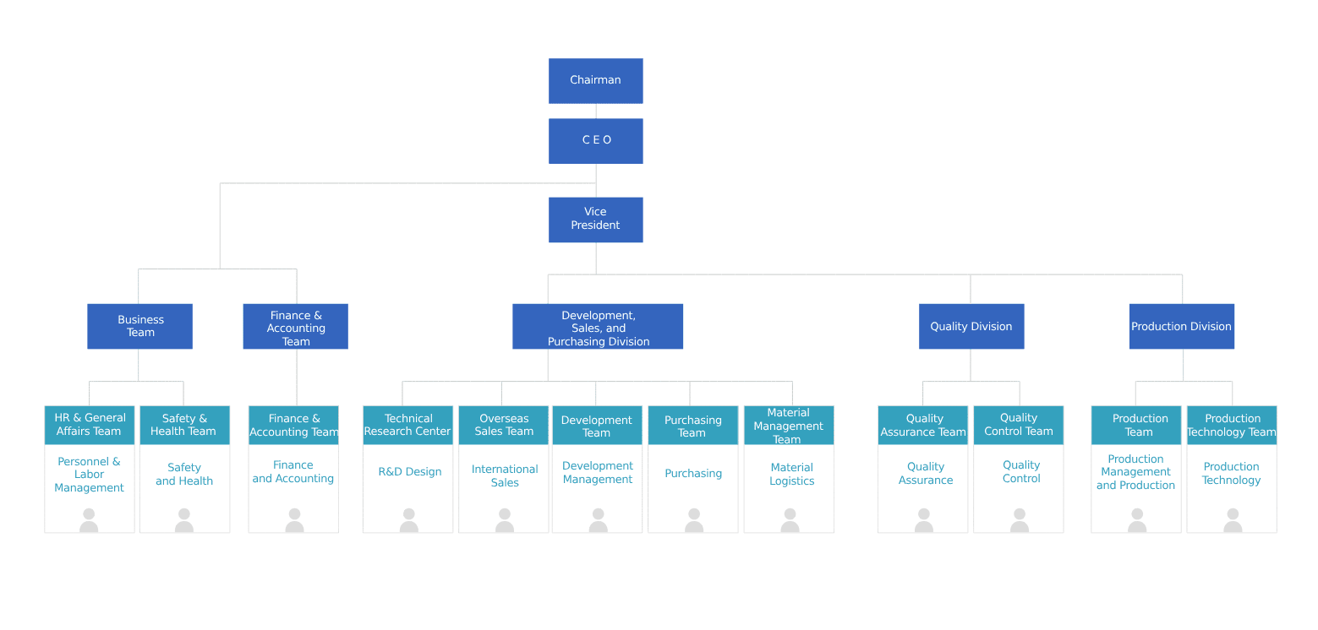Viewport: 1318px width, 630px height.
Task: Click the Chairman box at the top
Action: [596, 81]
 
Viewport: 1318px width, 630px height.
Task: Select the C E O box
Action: [596, 140]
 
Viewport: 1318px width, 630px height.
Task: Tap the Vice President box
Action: [596, 220]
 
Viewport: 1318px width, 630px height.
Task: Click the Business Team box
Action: [139, 326]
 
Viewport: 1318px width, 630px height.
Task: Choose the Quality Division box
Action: [971, 326]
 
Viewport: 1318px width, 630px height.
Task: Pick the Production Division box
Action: [1181, 326]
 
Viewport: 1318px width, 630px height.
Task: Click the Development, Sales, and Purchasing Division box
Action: [598, 327]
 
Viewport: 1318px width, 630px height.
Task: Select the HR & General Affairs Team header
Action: [90, 425]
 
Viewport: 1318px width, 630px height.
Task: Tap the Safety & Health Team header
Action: [184, 425]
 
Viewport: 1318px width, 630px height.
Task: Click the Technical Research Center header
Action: [408, 425]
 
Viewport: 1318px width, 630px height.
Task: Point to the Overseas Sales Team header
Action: [504, 425]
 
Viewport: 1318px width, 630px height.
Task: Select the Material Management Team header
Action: [789, 426]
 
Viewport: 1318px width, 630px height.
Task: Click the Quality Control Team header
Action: [1019, 425]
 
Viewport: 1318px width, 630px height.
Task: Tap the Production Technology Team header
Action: [1232, 425]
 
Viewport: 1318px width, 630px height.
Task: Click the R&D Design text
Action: [410, 472]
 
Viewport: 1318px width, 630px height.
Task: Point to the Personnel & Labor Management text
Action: [90, 475]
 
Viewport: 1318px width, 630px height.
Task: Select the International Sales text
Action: [505, 475]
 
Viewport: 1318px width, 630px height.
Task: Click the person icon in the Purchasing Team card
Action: [693, 520]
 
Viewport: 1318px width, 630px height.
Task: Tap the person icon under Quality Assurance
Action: [923, 520]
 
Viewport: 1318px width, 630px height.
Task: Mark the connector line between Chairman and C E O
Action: [596, 111]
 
